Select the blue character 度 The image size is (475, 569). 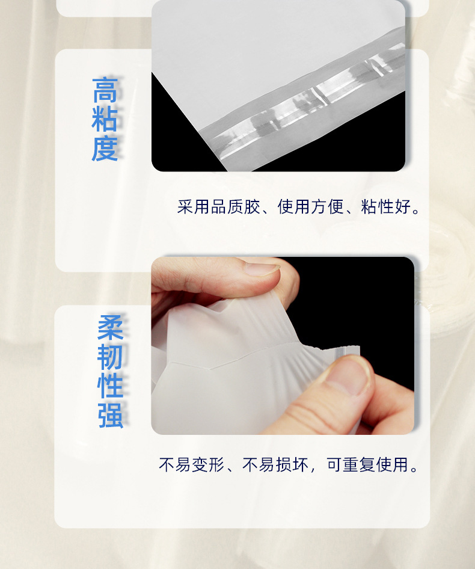click(105, 148)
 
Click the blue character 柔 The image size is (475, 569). click(111, 328)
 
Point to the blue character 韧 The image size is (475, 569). click(111, 357)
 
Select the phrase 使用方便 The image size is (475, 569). click(310, 208)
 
